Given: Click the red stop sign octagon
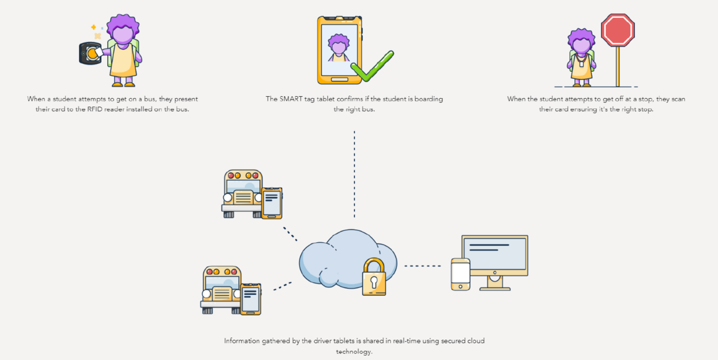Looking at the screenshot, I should tap(617, 30).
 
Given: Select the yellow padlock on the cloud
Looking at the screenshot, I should tap(374, 277).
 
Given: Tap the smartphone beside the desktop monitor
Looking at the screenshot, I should tap(460, 274).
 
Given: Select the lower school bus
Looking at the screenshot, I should tap(221, 289).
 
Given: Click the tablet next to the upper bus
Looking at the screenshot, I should tap(272, 203).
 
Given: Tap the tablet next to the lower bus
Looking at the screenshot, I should tap(251, 299).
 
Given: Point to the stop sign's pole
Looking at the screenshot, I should tap(617, 66).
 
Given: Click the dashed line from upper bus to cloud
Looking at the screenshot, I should tap(290, 233).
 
